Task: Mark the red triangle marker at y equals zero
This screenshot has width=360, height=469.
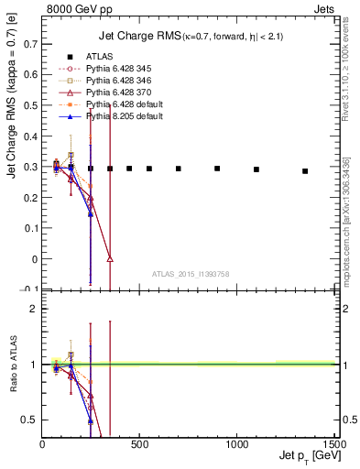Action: [x=110, y=259]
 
